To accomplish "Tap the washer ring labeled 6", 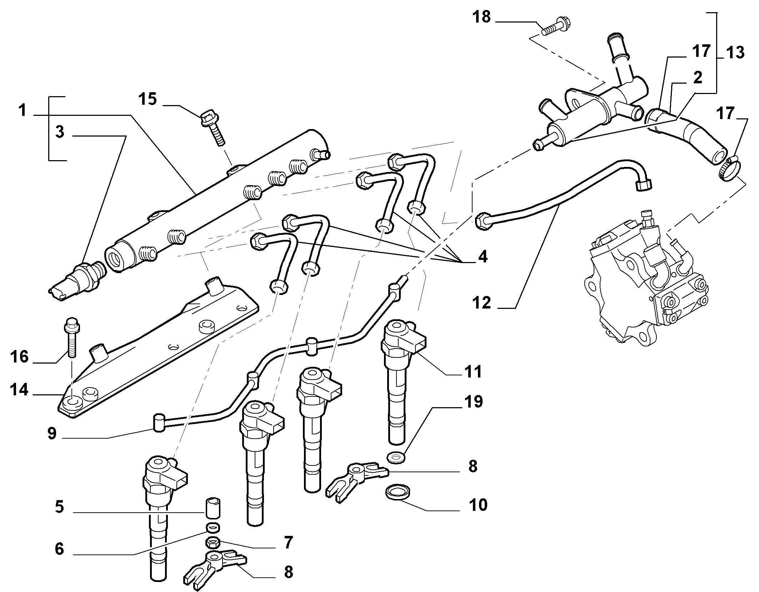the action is (x=213, y=527).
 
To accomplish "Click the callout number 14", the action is (x=19, y=389).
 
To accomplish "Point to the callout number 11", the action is (x=473, y=371).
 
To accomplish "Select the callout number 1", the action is (x=23, y=110).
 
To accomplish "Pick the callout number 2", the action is (x=697, y=77).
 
